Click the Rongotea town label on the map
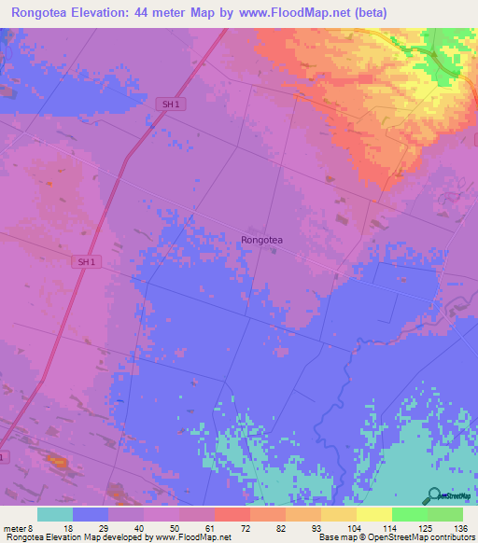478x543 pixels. [x=261, y=240]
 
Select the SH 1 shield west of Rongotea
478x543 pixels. [x=86, y=263]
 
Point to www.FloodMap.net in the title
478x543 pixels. [x=287, y=13]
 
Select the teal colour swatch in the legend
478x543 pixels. [x=55, y=514]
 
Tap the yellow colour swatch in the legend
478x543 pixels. [x=374, y=514]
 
